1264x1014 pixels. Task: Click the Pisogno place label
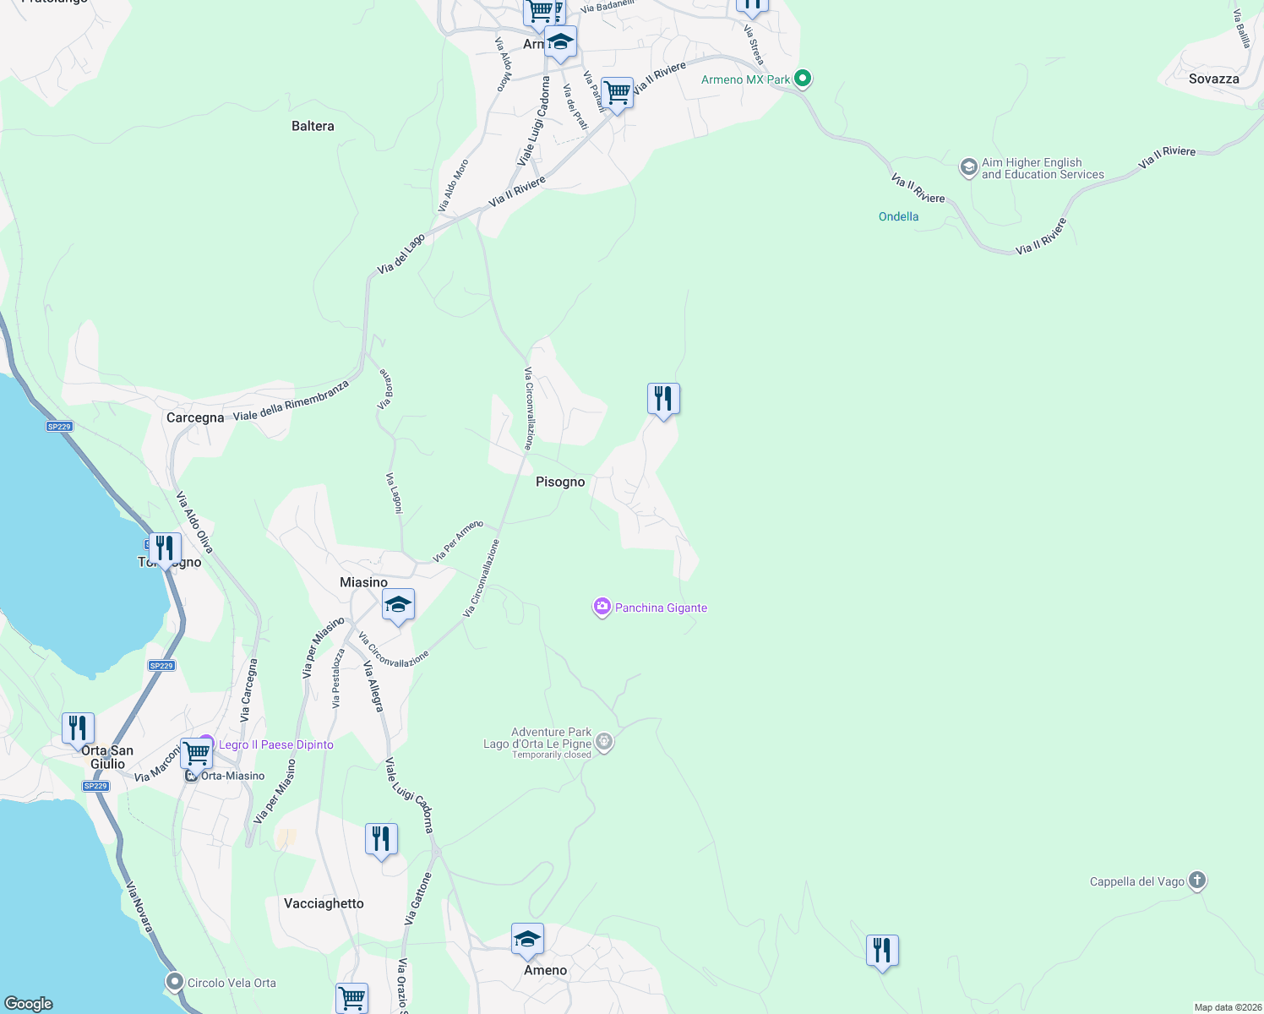tap(560, 482)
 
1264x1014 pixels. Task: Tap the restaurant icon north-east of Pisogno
tap(663, 398)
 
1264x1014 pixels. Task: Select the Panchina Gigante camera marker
tap(602, 607)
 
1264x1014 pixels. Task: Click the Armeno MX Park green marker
tap(804, 79)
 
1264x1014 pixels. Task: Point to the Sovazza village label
tap(1213, 79)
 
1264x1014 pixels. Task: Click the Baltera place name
tap(313, 126)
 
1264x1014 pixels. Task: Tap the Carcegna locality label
tap(195, 417)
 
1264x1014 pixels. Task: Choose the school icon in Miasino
tap(398, 604)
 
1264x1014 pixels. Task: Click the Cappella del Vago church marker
tap(1197, 880)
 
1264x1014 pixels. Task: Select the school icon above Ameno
tap(527, 939)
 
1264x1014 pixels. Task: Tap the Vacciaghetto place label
tap(324, 903)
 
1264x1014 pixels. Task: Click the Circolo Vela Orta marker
tap(174, 982)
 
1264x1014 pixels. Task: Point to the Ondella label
tap(898, 216)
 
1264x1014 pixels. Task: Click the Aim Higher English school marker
tap(968, 167)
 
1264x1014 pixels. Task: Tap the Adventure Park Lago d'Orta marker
tap(604, 742)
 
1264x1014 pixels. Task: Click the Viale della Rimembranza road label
tap(291, 401)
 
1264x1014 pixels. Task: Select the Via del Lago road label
tap(401, 253)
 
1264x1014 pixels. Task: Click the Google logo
tap(28, 1003)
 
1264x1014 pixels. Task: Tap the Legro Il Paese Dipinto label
tap(275, 744)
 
